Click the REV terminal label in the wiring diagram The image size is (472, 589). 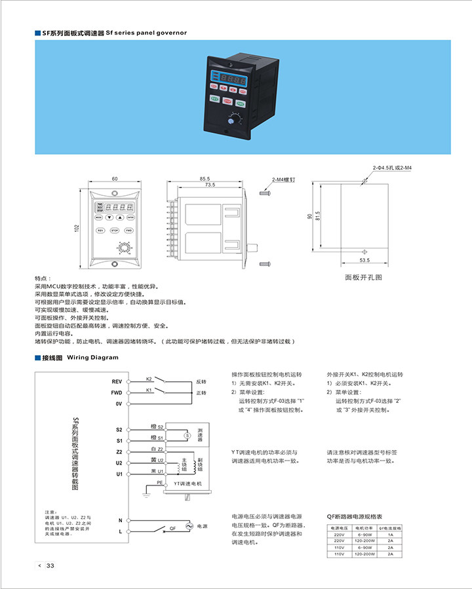[x=117, y=381]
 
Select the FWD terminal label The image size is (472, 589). [x=117, y=392]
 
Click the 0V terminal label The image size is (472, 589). [x=119, y=404]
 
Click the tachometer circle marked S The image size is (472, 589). [x=186, y=435]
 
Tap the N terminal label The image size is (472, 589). [x=120, y=520]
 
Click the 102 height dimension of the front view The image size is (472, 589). [x=77, y=227]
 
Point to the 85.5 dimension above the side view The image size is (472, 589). [x=205, y=179]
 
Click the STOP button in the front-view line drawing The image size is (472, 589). [x=115, y=231]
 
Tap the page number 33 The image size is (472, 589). [x=50, y=566]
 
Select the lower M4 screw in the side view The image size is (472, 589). [x=265, y=263]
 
